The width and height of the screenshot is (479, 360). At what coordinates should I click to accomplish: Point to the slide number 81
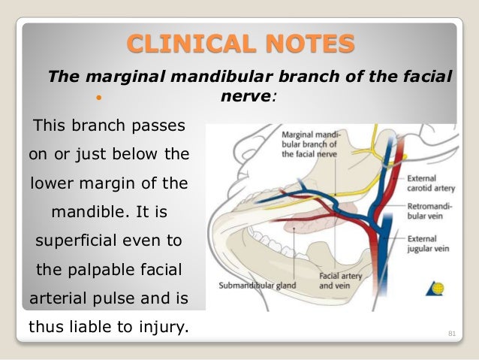point(452,331)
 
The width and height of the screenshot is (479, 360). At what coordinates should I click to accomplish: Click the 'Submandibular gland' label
point(255,286)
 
